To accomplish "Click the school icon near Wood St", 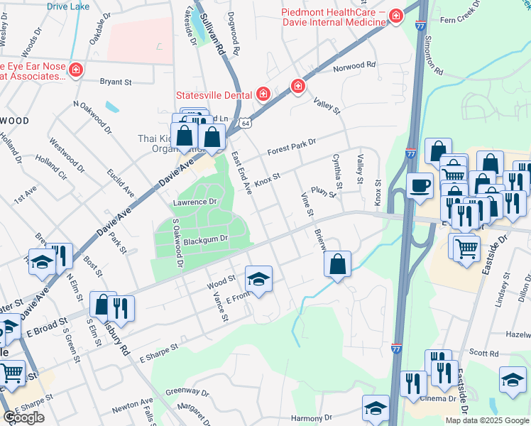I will coord(259,278).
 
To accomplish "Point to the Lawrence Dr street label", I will coord(193,202).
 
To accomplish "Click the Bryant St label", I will coord(116,82).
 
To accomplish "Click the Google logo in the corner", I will coord(23,417).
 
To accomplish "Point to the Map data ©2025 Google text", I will coord(487,420).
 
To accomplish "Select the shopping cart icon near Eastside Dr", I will coord(466,248).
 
